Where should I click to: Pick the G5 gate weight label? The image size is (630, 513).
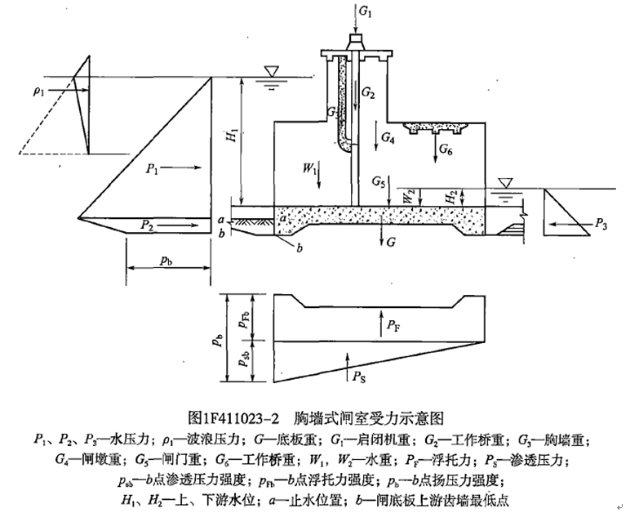pos(378,180)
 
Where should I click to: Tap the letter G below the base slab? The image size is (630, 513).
pos(391,243)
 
